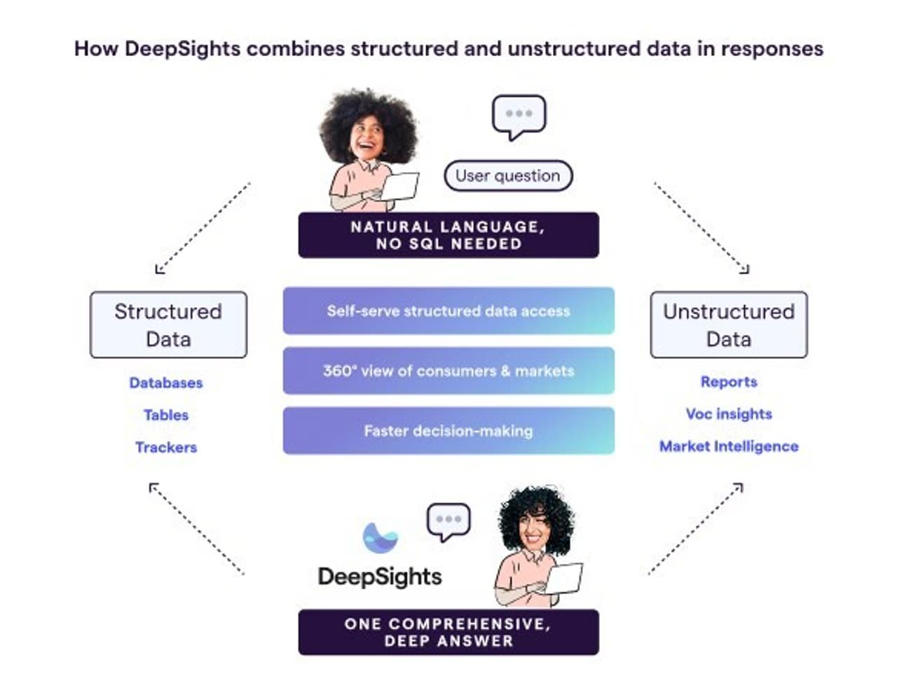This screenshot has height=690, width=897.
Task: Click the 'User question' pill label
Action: point(508,175)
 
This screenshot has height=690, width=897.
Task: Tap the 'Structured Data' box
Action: point(168,325)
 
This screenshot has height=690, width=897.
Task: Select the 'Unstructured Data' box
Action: point(729,325)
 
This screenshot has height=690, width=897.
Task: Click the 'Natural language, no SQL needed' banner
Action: point(448,235)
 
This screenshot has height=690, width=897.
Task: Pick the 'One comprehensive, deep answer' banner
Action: point(448,632)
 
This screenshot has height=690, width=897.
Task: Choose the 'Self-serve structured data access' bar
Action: point(448,311)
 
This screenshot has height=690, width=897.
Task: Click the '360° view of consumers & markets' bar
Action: point(448,370)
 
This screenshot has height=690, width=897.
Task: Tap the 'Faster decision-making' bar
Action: point(448,431)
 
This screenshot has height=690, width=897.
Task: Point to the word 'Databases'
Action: point(166,383)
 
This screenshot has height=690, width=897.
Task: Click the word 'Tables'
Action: point(166,415)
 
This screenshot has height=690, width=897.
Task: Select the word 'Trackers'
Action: point(166,447)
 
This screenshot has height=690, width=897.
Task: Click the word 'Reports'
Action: point(729,381)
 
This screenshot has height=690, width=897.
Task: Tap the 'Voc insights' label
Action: point(729,414)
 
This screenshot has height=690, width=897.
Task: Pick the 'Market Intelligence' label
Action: point(729,446)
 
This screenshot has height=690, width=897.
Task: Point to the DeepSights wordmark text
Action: point(380,576)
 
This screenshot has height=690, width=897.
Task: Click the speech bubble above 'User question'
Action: point(519,116)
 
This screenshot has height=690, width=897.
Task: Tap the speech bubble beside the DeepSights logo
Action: point(448,521)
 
